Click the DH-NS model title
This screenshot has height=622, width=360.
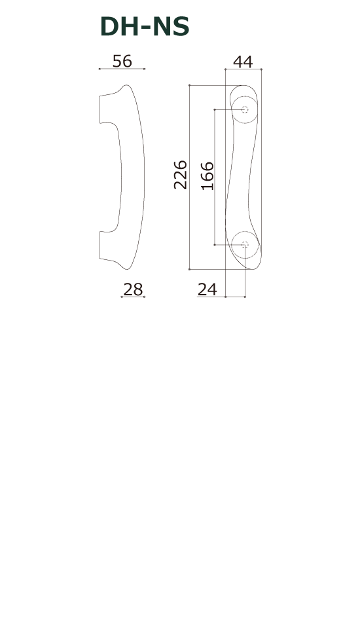tap(145, 27)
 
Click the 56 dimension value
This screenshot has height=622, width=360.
tap(122, 61)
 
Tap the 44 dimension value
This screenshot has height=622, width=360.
tap(243, 62)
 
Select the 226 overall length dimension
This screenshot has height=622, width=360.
tap(181, 175)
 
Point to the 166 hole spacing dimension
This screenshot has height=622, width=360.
tap(207, 176)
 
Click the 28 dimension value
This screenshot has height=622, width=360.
tap(133, 289)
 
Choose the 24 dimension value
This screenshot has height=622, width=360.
tap(207, 289)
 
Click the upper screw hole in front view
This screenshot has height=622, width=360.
tap(245, 109)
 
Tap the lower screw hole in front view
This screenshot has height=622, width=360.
tap(245, 245)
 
